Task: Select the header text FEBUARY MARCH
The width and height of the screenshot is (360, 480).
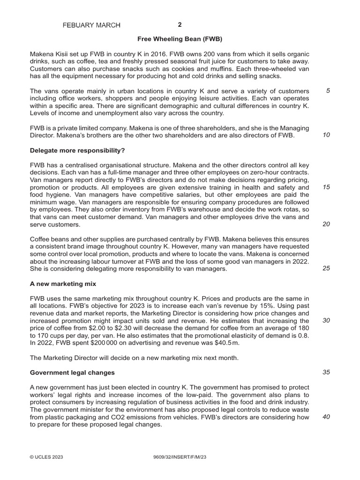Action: [91, 25]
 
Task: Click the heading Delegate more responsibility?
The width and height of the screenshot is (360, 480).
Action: [77, 150]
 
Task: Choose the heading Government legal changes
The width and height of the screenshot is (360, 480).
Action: [72, 373]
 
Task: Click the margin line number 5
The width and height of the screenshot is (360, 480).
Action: [328, 90]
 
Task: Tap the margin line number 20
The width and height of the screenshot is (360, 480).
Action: [326, 224]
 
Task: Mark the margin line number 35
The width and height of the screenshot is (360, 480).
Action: [326, 372]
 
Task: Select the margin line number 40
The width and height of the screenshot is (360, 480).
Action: [326, 417]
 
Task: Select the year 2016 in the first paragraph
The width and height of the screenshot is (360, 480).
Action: [135, 54]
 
